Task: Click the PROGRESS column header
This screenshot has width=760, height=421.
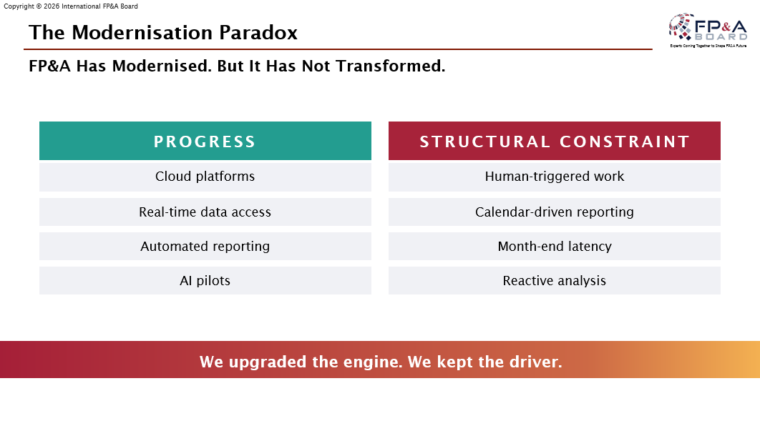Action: pyautogui.click(x=205, y=141)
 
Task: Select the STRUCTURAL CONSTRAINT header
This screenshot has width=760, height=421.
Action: pyautogui.click(x=555, y=141)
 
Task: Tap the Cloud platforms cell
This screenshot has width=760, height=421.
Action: pyautogui.click(x=205, y=177)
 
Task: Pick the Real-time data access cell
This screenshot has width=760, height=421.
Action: pyautogui.click(x=205, y=212)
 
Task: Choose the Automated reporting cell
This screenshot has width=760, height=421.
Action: pyautogui.click(x=205, y=247)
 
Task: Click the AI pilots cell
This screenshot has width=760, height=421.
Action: pyautogui.click(x=205, y=281)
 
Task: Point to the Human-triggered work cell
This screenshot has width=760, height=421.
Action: pyautogui.click(x=555, y=177)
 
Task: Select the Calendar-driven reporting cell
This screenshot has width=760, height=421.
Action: pyautogui.click(x=555, y=212)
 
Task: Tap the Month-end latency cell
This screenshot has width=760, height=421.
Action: pyautogui.click(x=555, y=247)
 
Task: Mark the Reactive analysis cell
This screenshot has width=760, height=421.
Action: pyautogui.click(x=555, y=281)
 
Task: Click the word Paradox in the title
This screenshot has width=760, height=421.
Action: pyautogui.click(x=258, y=33)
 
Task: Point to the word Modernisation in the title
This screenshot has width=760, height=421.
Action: pyautogui.click(x=142, y=33)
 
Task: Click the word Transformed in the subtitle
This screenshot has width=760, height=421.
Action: pyautogui.click(x=391, y=66)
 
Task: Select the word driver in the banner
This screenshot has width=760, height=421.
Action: pyautogui.click(x=536, y=362)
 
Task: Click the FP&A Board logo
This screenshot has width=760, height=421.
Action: pyautogui.click(x=708, y=30)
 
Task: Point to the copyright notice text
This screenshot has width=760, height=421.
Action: pyautogui.click(x=71, y=6)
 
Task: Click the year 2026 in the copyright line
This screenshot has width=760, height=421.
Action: pyautogui.click(x=52, y=6)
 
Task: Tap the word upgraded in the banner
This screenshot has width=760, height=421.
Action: pyautogui.click(x=268, y=362)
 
